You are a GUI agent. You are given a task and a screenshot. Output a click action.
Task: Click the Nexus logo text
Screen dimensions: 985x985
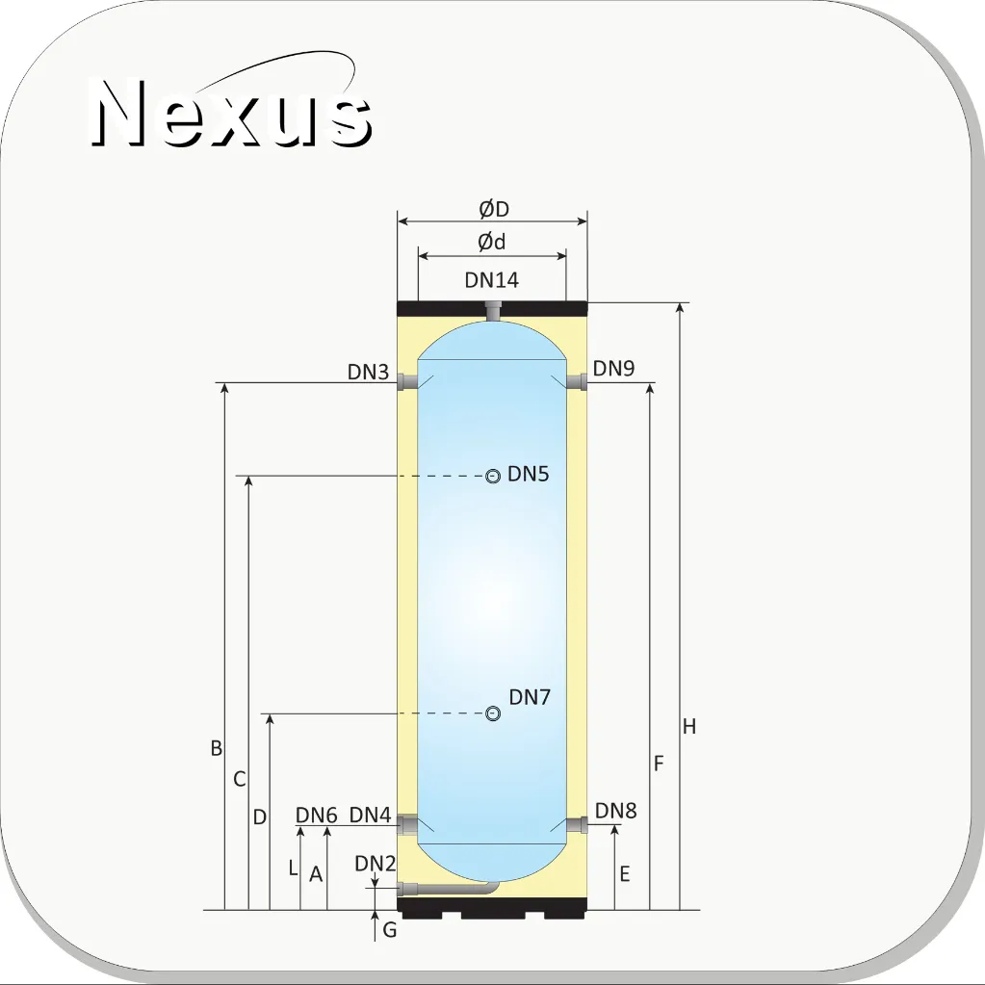232,113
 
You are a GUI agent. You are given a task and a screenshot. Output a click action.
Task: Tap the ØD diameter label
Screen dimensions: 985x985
494,209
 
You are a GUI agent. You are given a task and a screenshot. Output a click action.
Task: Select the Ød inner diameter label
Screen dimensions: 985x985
491,242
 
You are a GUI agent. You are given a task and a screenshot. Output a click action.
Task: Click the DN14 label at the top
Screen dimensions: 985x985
492,280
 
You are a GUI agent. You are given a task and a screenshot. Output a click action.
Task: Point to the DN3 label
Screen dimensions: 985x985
368,372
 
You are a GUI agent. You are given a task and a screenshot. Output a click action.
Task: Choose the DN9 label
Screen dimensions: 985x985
613,368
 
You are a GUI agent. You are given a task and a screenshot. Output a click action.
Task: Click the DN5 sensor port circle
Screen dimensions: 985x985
493,477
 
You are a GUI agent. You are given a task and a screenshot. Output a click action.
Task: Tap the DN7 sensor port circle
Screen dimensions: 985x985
493,713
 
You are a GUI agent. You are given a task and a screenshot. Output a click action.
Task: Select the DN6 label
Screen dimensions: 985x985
317,815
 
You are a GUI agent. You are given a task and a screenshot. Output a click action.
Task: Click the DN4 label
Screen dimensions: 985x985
370,815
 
